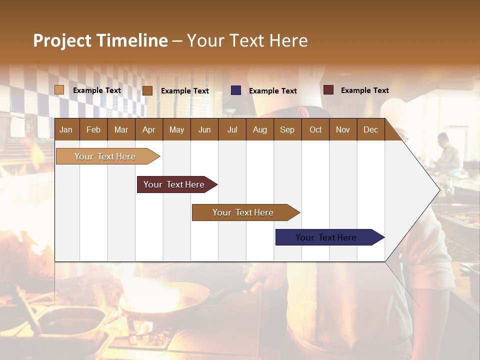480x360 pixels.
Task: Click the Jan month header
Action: (x=66, y=129)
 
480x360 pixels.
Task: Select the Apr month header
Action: (x=148, y=129)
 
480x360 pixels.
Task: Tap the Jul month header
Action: (x=232, y=129)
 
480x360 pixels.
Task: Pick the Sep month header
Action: (x=287, y=129)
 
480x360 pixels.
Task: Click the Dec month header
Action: (x=370, y=129)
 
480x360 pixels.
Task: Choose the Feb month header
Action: (x=93, y=129)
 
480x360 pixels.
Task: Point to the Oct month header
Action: (x=315, y=129)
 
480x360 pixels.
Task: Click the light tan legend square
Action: (x=59, y=90)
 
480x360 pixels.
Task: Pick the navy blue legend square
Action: (x=236, y=90)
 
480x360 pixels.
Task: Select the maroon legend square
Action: (x=328, y=90)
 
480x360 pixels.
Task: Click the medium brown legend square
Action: (x=147, y=90)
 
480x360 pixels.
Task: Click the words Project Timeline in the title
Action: (x=100, y=40)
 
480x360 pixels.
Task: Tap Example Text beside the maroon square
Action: (x=364, y=90)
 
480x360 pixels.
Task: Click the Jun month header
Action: (x=204, y=129)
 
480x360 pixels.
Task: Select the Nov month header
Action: (x=343, y=129)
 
